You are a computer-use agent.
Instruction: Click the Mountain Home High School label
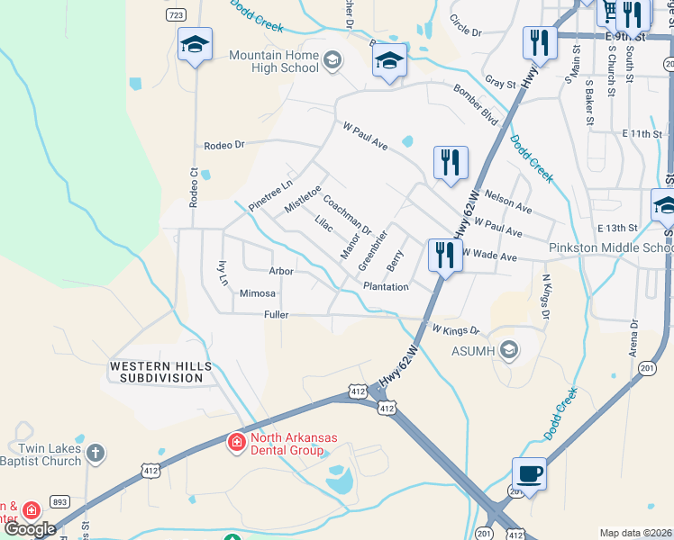pos(274,61)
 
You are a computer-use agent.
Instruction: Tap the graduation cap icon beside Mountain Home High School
pos(332,61)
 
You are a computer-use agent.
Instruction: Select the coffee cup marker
pos(529,473)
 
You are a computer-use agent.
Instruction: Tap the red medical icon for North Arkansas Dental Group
pos(236,443)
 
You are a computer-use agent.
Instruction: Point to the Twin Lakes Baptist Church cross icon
pos(96,452)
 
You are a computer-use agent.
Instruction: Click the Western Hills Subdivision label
pos(160,372)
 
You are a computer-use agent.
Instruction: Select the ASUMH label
pos(470,349)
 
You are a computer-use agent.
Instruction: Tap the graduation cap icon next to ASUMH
pos(509,349)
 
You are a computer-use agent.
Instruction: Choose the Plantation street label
pos(386,287)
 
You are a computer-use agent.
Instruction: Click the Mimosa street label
pos(258,293)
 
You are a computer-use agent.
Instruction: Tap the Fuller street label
pos(276,314)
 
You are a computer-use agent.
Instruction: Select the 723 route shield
pos(176,15)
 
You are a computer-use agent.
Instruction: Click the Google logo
pos(30,529)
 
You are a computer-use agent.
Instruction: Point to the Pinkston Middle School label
pos(611,247)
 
